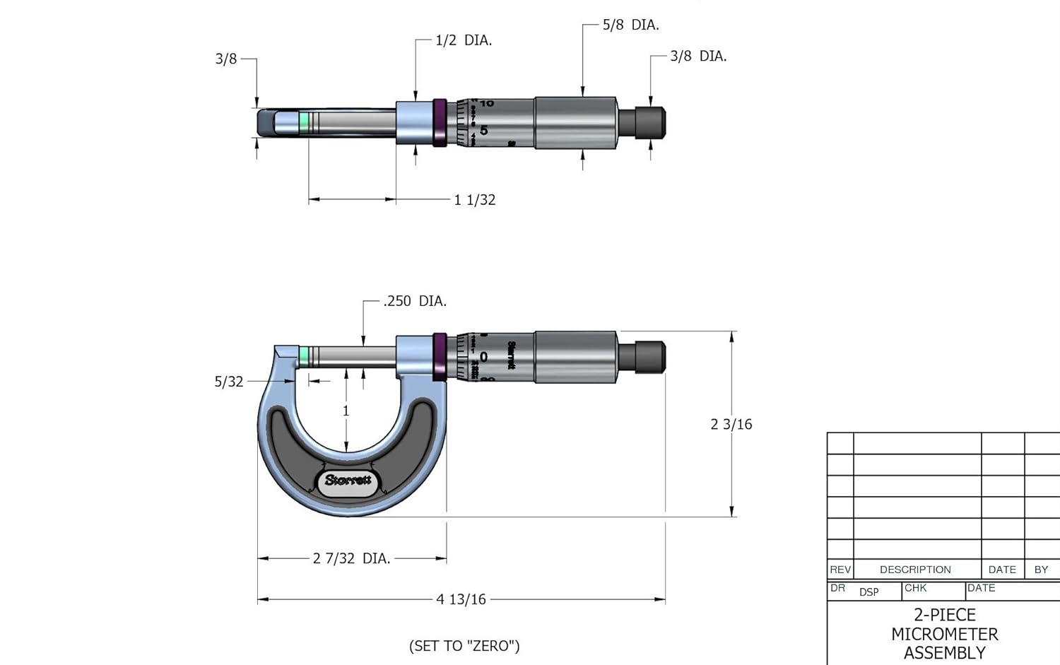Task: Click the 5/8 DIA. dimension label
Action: click(630, 25)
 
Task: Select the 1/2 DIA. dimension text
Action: click(464, 40)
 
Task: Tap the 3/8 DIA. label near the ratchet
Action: click(698, 56)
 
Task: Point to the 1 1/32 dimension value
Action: click(475, 200)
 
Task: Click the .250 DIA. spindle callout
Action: click(415, 301)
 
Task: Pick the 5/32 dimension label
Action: click(229, 382)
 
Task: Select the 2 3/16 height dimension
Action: click(731, 424)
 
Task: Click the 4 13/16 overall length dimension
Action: click(461, 599)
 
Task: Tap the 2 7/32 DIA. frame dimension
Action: click(352, 558)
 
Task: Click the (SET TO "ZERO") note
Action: click(464, 646)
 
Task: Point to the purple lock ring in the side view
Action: click(440, 357)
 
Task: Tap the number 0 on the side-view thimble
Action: click(483, 357)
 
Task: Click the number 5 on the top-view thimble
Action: click(484, 130)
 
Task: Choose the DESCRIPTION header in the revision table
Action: click(915, 570)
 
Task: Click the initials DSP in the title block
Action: click(869, 592)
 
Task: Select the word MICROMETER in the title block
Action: click(945, 634)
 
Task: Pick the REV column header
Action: click(840, 570)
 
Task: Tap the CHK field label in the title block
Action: click(915, 588)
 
